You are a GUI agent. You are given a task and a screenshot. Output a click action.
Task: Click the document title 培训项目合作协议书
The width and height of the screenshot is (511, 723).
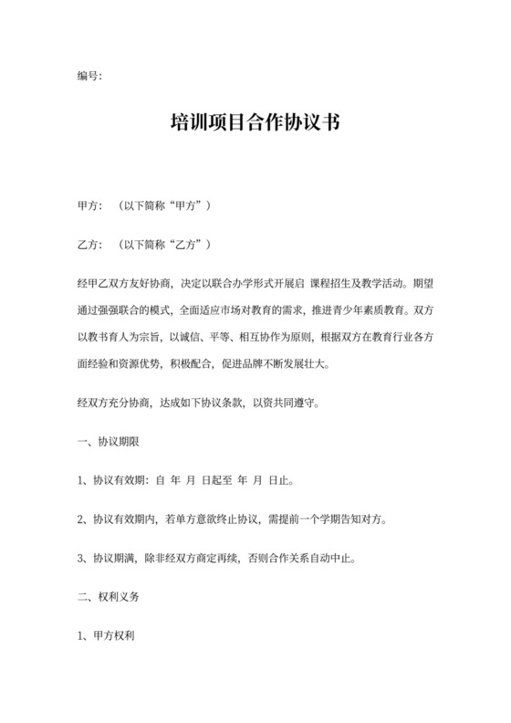255,123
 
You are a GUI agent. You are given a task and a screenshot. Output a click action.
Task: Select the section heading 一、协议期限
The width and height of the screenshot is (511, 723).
109,441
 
